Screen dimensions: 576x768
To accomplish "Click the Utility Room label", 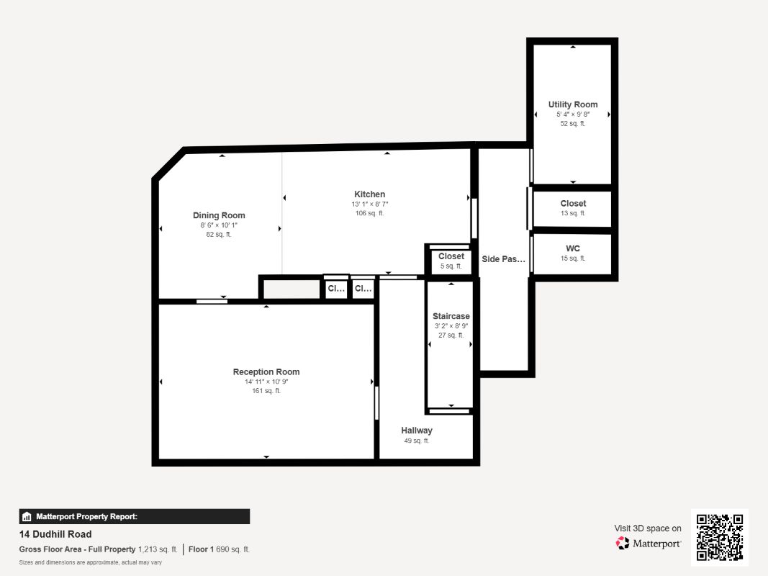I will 572,104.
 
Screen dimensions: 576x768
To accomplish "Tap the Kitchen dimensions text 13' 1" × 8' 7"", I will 369,204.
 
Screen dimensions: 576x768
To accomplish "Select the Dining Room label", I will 219,215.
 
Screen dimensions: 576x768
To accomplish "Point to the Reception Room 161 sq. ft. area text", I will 266,391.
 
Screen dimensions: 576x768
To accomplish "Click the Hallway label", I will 417,431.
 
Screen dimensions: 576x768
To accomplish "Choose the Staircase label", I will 451,316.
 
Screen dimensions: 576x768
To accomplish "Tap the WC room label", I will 573,248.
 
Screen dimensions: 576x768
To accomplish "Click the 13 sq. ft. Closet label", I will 573,204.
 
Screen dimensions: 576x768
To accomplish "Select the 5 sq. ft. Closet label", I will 451,256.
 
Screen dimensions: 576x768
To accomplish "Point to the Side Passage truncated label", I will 504,259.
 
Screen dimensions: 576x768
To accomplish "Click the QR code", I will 720,537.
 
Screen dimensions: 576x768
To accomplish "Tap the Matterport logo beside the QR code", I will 649,544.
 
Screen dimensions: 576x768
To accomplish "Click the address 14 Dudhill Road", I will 55,534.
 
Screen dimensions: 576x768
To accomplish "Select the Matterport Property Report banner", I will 135,516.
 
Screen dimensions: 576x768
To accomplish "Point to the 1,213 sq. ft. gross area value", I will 158,549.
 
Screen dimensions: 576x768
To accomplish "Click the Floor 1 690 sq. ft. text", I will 220,549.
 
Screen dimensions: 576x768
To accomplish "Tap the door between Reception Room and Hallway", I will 376,403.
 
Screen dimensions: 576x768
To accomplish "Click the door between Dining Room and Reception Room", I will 212,301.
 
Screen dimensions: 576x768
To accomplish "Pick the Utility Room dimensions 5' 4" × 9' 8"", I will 572,114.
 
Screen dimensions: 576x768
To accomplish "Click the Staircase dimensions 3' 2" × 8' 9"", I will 451,326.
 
